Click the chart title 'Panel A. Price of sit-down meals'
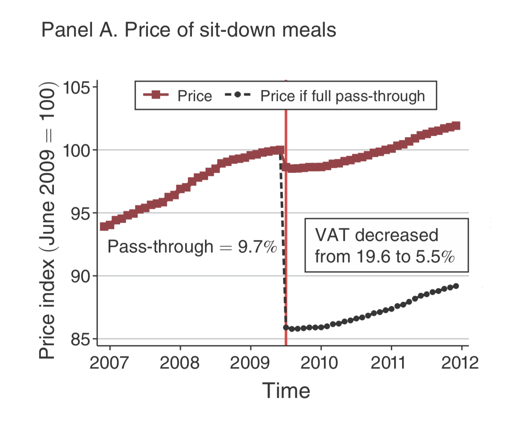pos(188,30)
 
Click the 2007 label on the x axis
pos(109,363)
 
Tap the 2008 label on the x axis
pos(180,363)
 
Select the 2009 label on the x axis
pos(250,363)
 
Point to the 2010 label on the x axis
pos(320,363)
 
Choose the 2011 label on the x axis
pos(391,363)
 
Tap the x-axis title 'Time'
pos(286,391)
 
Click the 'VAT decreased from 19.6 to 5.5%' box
pos(386,245)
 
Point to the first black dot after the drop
pos(286,327)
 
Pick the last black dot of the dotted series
pos(456,286)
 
